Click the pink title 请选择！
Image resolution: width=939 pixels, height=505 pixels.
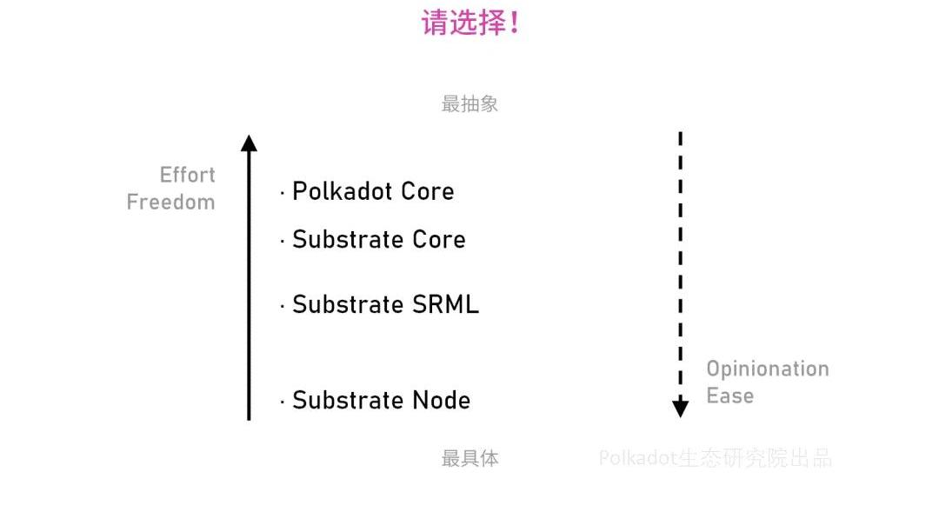coord(470,23)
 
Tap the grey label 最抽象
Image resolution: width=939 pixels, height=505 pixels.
coord(469,104)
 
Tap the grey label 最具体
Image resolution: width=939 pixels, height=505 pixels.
coord(469,459)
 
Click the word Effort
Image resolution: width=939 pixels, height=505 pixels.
coord(187,175)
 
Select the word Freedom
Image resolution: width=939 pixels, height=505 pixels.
coord(170,203)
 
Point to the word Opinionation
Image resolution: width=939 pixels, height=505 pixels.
coord(767,369)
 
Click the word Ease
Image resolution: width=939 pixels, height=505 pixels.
coord(729,395)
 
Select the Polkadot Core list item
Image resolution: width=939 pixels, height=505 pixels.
coord(372,191)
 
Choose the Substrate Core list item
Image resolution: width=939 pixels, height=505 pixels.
coord(378,239)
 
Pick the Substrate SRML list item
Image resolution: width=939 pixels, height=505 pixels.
coord(385,304)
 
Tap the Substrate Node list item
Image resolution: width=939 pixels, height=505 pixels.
coord(381,400)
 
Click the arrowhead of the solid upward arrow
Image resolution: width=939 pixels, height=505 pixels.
coord(249,143)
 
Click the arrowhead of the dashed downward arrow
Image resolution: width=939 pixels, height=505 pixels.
coord(681,408)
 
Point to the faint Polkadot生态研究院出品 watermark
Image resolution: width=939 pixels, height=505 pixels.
coord(715,458)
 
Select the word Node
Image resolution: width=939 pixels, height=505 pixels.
coord(441,400)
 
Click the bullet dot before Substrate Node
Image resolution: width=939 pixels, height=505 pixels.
coord(283,402)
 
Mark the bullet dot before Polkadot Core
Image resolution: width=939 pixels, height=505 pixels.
coord(283,193)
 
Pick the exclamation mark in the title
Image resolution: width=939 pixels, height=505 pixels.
coord(514,23)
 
